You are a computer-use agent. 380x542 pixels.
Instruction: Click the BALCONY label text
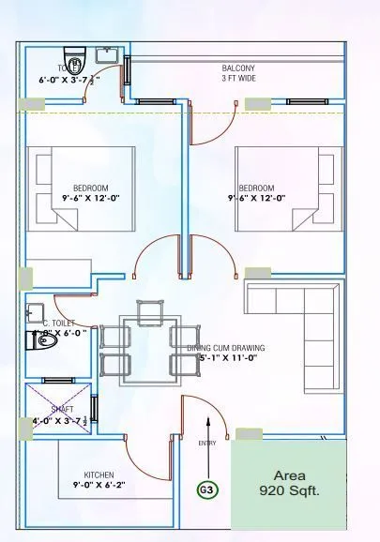click(x=239, y=68)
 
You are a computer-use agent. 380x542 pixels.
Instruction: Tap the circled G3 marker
click(x=205, y=489)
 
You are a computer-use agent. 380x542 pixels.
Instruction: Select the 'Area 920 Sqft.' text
click(x=289, y=482)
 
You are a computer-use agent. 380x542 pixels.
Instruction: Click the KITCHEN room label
click(x=99, y=474)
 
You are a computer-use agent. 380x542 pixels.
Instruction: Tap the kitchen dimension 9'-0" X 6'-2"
click(x=99, y=486)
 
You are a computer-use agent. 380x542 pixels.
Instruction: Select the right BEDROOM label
click(x=256, y=187)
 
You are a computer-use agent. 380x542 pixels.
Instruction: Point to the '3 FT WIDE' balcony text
click(x=239, y=80)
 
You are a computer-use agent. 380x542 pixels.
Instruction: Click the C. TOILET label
click(x=59, y=322)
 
